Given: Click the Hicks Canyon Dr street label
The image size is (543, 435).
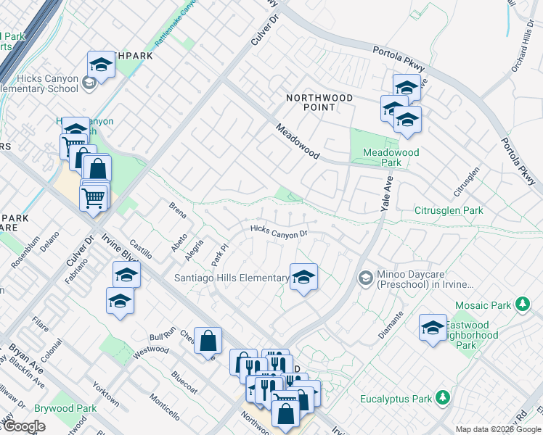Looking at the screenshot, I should point(279,231).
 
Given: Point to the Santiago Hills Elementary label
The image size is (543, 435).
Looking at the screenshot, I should point(232,278).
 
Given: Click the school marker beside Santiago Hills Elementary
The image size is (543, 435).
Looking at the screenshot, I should point(303,276).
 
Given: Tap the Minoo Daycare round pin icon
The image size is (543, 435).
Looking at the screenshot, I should point(367,277).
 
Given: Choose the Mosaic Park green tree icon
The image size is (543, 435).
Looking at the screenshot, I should point(521,303).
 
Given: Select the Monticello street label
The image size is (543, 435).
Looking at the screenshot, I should point(165,406).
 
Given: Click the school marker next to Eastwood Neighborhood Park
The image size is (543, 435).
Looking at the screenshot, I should point(433,327).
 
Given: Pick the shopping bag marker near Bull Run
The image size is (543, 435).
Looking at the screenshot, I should point(208,340).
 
